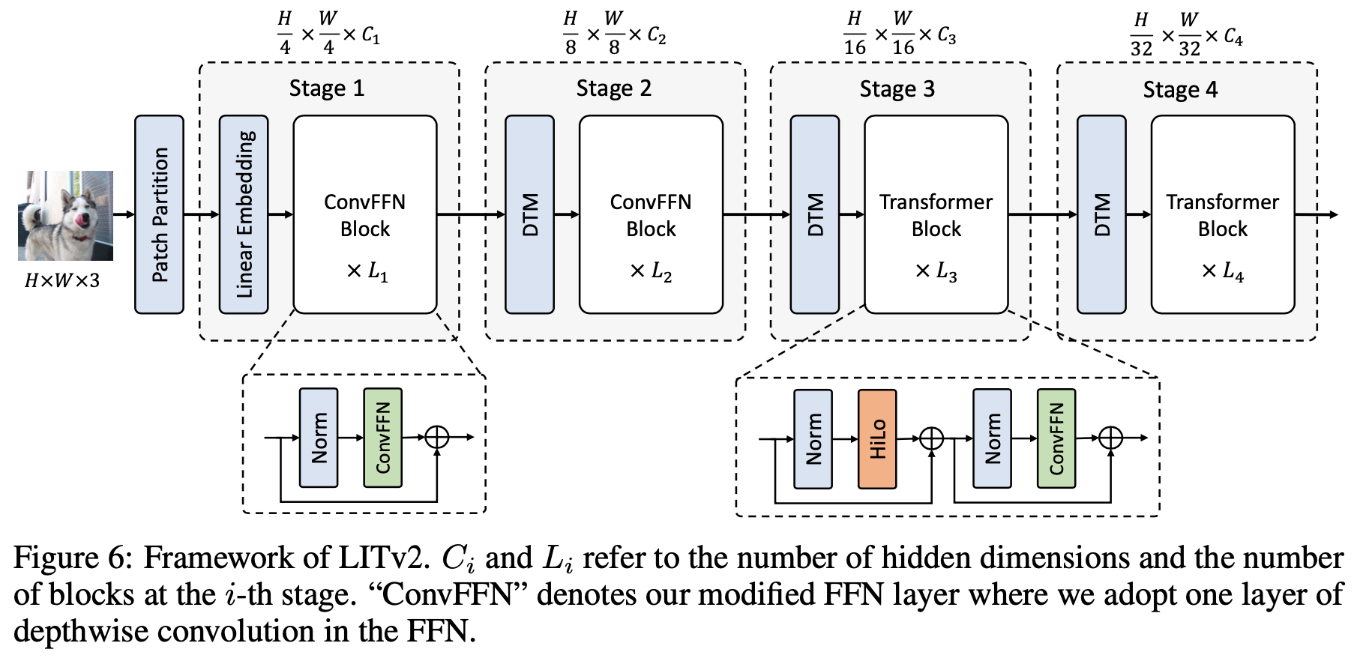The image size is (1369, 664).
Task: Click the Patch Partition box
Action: click(x=159, y=214)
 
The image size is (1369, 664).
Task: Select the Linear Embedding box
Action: click(x=244, y=214)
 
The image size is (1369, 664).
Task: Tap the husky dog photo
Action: click(x=65, y=215)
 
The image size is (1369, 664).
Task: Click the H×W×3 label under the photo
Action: click(x=61, y=281)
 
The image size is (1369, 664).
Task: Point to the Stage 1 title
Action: click(x=327, y=88)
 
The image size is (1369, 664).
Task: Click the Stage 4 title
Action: click(x=1180, y=90)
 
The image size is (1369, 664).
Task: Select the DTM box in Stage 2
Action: click(x=530, y=214)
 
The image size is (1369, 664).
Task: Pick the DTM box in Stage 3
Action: click(x=815, y=214)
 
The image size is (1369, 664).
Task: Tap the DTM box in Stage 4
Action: click(x=1101, y=214)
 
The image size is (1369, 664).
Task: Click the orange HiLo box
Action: click(x=877, y=438)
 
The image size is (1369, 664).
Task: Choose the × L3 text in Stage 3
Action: click(x=936, y=271)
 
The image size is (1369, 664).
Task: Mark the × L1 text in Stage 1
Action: click(x=367, y=271)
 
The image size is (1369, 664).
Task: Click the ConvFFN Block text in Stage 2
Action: click(x=651, y=215)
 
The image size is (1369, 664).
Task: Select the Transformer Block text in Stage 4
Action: click(x=1222, y=215)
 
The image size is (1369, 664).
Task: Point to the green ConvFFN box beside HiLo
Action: click(x=1056, y=438)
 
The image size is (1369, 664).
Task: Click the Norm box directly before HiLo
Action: click(x=813, y=438)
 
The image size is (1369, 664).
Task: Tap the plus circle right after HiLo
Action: click(x=931, y=438)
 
